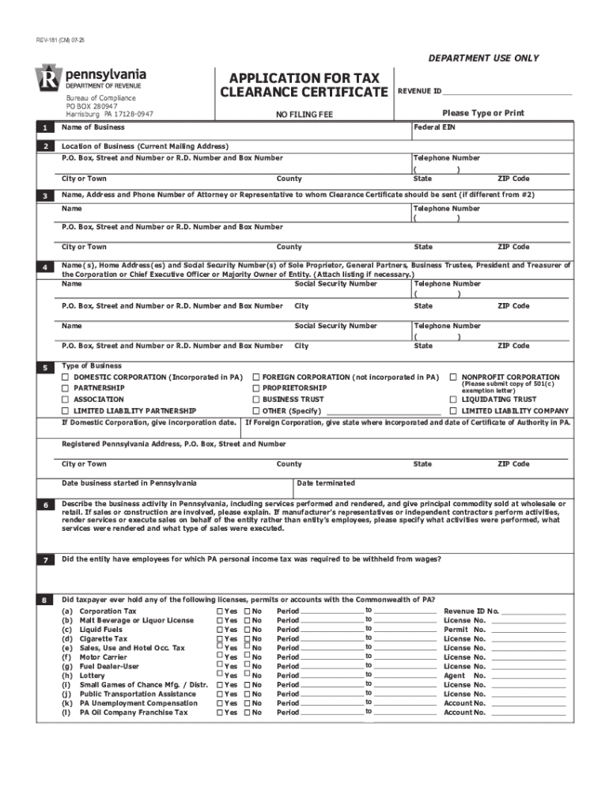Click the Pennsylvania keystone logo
coord(49,79)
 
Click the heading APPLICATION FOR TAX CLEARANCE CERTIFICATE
coord(304,85)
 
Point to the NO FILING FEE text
coord(304,115)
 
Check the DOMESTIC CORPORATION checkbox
coord(66,377)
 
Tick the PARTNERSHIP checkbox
coord(66,388)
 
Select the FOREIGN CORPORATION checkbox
coord(255,377)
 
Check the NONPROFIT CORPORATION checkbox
coord(454,377)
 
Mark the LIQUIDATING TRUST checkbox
coord(454,399)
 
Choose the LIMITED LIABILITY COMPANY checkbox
coord(454,411)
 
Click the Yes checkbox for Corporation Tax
coord(219,611)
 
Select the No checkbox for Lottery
coord(247,676)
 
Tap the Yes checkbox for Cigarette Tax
coord(219,638)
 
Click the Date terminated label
coord(326,483)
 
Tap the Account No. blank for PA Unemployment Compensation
coord(528,703)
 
